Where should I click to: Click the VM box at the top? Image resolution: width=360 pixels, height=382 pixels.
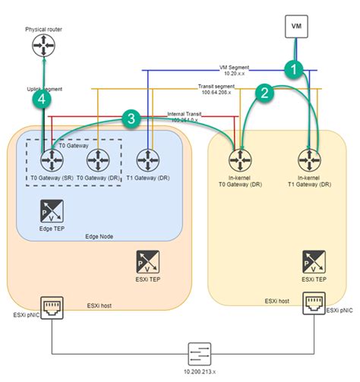click(x=297, y=26)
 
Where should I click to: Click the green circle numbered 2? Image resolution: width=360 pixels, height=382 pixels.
click(x=264, y=93)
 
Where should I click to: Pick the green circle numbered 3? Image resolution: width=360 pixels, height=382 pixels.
click(x=132, y=118)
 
